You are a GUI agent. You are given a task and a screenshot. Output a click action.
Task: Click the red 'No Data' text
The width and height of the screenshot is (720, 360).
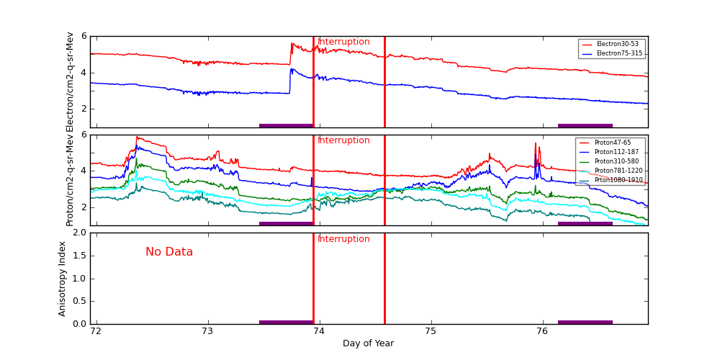169,252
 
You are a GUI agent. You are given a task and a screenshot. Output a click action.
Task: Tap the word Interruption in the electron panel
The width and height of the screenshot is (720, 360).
343,42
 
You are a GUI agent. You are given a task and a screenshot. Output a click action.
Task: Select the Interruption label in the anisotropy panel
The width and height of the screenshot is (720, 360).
343,239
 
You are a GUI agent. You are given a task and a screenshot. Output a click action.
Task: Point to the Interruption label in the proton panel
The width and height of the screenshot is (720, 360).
343,140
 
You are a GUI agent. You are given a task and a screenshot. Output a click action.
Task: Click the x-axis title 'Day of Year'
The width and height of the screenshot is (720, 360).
368,343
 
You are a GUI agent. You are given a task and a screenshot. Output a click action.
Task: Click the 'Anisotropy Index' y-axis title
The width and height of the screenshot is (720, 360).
63,279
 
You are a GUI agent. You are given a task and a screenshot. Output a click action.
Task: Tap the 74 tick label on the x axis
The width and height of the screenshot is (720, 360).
320,332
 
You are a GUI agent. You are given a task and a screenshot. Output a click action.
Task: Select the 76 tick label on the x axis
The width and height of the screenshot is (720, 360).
542,332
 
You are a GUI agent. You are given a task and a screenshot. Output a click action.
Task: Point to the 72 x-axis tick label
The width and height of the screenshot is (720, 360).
96,332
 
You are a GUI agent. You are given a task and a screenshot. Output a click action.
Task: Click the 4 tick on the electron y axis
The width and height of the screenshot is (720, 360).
84,73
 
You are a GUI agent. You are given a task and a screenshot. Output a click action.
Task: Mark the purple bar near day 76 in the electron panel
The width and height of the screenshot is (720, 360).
585,125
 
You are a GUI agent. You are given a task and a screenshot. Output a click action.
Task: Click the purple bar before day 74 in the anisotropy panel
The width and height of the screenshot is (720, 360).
286,322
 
